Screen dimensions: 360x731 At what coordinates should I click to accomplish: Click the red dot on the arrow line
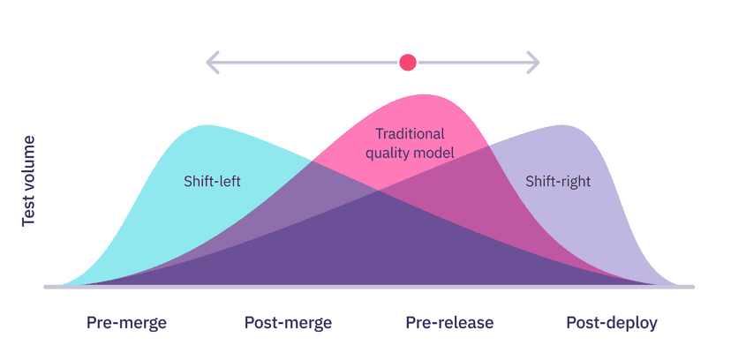(x=407, y=62)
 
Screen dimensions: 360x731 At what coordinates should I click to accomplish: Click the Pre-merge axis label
(x=126, y=323)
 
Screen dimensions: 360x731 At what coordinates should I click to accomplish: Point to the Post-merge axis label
(x=288, y=323)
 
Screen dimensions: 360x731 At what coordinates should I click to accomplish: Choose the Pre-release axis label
(x=449, y=323)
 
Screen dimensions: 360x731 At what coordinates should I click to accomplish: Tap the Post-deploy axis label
(x=612, y=323)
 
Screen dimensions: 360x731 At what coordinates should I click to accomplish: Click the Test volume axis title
(x=28, y=181)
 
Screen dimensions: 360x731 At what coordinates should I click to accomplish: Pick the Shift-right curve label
(x=558, y=182)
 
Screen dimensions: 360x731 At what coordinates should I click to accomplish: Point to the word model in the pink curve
(x=436, y=153)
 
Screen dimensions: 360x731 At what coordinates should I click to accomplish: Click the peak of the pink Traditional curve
(x=425, y=94)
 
